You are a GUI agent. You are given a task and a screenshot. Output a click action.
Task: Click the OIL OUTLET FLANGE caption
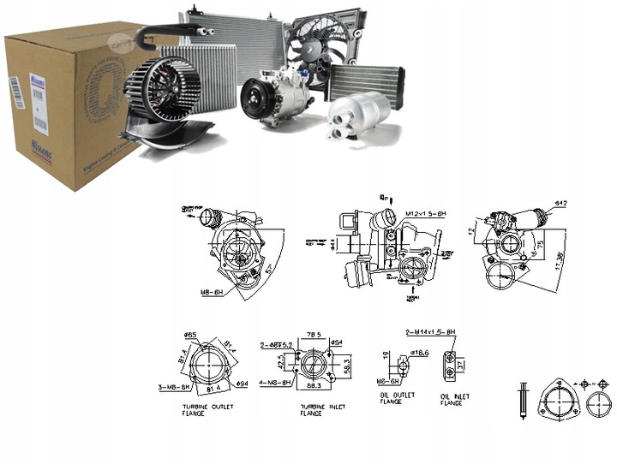(x=396, y=398)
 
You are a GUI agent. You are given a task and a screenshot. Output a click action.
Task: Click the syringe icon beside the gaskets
(x=522, y=400)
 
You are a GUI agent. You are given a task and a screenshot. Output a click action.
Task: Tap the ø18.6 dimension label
(x=419, y=351)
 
